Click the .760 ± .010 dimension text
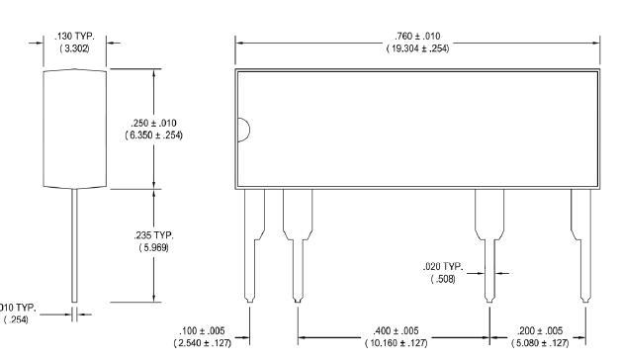point(417,38)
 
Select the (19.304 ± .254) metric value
point(417,48)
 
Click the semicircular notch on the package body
point(242,130)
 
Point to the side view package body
point(75,129)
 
